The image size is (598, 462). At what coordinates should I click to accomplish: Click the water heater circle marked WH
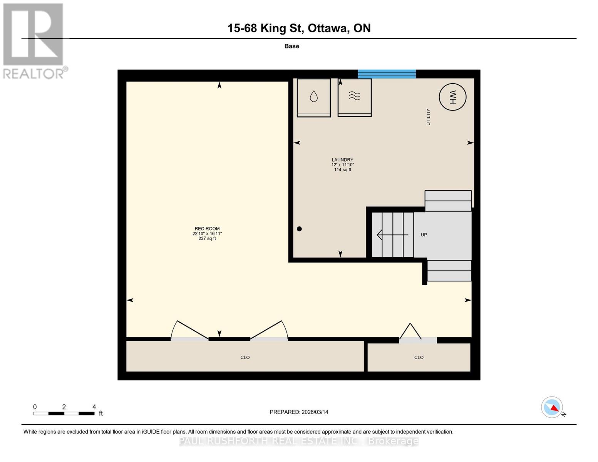(x=452, y=97)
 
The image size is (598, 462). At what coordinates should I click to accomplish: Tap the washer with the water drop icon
(x=313, y=97)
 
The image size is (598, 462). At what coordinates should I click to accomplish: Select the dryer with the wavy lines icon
(x=354, y=97)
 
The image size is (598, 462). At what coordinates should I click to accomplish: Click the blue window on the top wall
(x=387, y=74)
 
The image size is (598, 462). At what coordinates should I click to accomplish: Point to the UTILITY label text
(x=428, y=117)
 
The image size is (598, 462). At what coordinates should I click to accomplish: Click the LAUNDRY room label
(x=342, y=160)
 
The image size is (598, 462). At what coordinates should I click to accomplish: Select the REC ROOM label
(x=207, y=229)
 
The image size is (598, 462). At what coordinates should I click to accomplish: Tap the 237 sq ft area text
(x=207, y=239)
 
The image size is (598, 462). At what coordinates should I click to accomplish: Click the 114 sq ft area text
(x=342, y=170)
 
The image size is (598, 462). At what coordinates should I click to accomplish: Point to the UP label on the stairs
(x=424, y=235)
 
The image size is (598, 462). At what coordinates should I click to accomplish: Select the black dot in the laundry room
(x=299, y=229)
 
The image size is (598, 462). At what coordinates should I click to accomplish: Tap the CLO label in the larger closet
(x=245, y=358)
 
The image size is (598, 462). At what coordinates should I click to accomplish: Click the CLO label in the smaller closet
(x=419, y=358)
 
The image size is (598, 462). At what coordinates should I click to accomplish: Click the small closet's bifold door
(x=410, y=332)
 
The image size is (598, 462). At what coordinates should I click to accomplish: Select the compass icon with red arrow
(x=552, y=407)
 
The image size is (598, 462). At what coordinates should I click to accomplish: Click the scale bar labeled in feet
(x=64, y=413)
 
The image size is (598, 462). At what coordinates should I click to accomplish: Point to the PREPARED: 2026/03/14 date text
(x=299, y=412)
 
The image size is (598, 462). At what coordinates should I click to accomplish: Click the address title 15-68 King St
(x=299, y=28)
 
